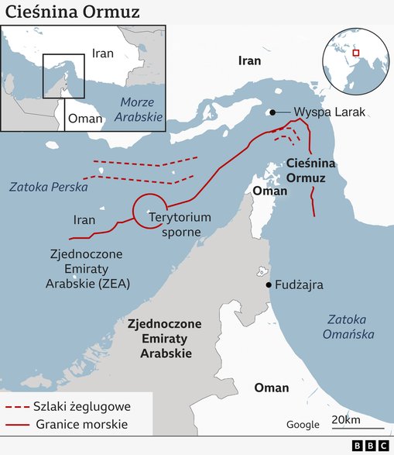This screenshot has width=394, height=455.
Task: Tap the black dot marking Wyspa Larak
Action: (272, 112)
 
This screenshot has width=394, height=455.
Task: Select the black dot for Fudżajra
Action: (268, 285)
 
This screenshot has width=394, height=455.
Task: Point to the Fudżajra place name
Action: (299, 285)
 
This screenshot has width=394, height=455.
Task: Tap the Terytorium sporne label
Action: (180, 224)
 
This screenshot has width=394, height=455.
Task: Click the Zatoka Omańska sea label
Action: (351, 326)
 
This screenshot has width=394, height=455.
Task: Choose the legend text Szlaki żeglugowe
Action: (81, 406)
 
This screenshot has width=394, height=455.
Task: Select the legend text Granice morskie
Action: (81, 424)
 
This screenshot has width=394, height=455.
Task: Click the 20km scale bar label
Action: (345, 419)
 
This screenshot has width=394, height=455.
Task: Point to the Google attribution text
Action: (302, 424)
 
